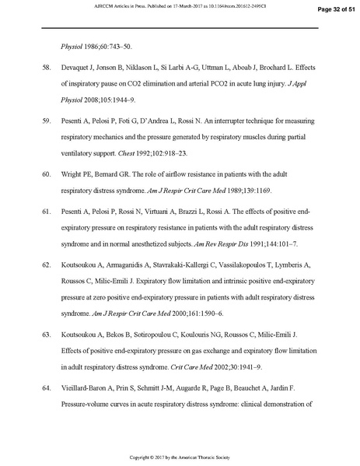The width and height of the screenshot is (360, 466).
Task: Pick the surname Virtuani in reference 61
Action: pyautogui.click(x=160, y=210)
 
